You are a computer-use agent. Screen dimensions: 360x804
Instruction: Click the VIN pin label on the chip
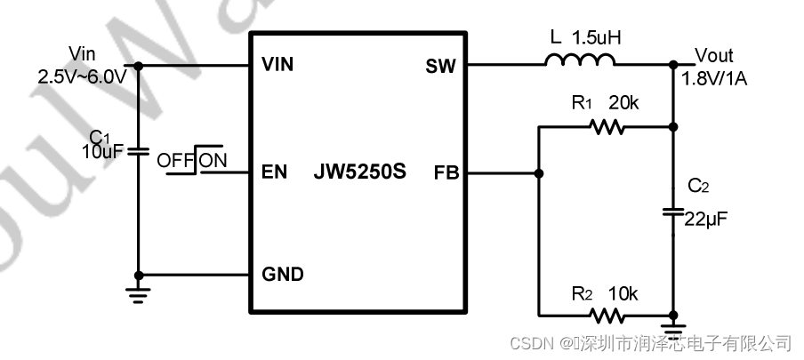point(277,65)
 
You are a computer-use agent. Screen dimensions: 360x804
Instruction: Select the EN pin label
point(275,172)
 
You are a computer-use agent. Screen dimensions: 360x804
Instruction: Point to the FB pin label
point(446,172)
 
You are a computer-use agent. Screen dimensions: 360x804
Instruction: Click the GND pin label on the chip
point(282,275)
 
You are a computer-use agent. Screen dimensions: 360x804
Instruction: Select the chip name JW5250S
point(359,172)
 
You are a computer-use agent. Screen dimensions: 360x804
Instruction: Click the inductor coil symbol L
point(580,61)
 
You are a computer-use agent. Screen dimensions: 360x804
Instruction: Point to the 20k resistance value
point(623,104)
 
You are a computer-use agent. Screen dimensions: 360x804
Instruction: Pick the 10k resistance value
point(623,292)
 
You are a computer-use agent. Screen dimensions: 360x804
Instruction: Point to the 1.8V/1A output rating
point(714,79)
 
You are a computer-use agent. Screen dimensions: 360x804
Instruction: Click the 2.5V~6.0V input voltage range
point(83,77)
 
